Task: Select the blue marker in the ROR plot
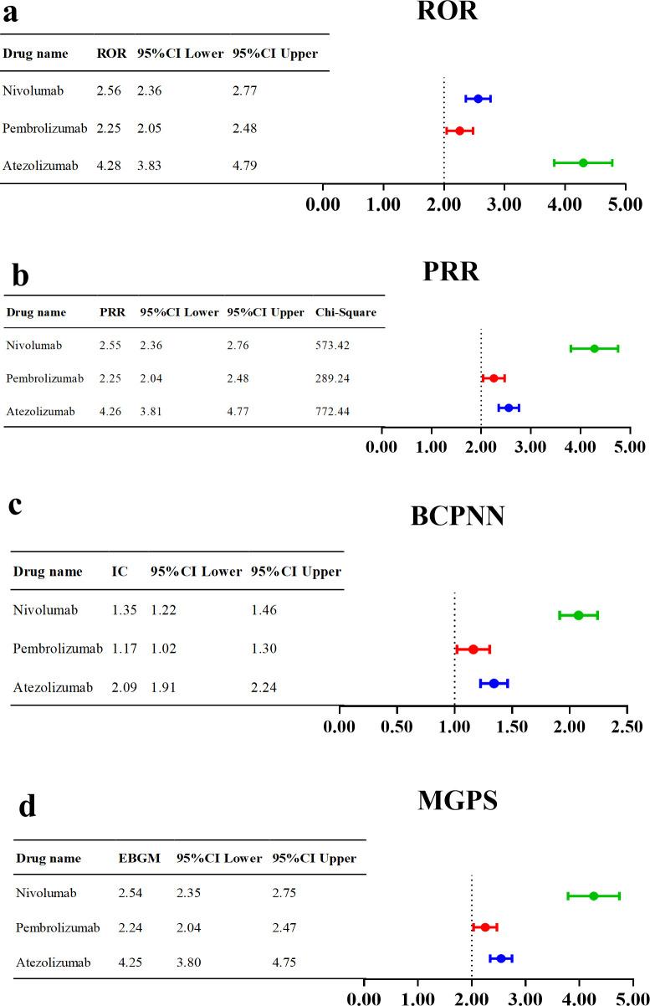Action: coord(478,99)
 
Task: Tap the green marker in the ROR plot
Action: coord(583,162)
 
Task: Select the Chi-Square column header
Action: coord(345,313)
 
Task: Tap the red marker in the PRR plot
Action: coord(494,378)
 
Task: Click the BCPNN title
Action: coord(457,516)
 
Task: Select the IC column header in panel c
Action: coord(120,572)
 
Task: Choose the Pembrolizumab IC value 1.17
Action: coord(123,649)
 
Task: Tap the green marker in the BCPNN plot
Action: coord(578,615)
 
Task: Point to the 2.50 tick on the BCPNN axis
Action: coord(627,725)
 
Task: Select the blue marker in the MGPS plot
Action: coord(500,958)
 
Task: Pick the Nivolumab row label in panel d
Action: coord(46,893)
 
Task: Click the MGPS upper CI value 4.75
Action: coord(284,963)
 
